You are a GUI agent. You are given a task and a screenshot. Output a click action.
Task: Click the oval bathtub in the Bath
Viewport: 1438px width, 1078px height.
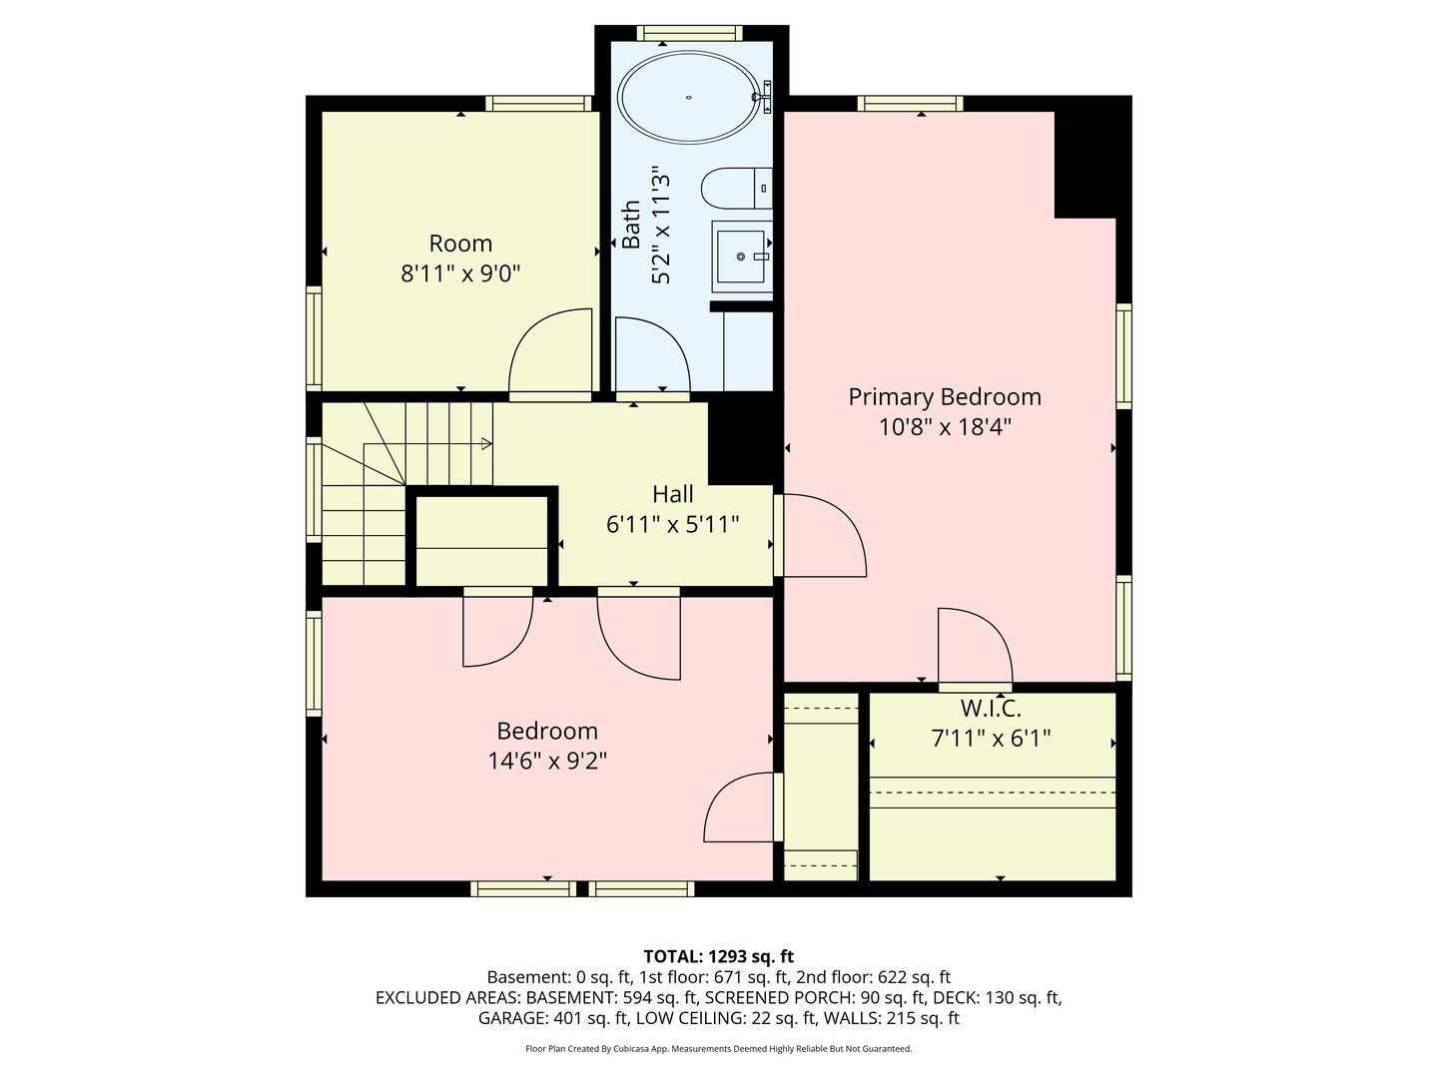coord(689,98)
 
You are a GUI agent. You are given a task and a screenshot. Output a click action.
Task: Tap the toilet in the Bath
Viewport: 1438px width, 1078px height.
coord(737,187)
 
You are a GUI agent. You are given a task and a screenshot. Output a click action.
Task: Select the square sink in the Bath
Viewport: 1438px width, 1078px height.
coord(741,257)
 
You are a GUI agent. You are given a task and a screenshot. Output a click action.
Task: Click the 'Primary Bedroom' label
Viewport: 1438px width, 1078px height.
coord(945,396)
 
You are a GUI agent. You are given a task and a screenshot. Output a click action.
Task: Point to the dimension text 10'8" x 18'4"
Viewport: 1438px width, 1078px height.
coord(945,427)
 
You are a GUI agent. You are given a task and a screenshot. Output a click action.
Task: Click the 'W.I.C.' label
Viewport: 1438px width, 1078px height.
coord(991,709)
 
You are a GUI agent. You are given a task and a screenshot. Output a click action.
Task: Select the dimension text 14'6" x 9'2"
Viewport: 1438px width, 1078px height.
coord(547,762)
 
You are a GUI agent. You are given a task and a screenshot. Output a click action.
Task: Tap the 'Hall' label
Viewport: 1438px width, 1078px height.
coord(673,493)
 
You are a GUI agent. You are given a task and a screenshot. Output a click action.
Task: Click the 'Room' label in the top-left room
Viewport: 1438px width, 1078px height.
coord(460,244)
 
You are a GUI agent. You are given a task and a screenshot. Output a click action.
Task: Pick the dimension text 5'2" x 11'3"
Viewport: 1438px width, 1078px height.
coord(661,226)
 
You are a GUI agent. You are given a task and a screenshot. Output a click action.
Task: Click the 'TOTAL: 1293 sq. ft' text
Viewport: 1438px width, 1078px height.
coord(718,956)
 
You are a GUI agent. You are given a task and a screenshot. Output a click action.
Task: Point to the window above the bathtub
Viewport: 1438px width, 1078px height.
coord(689,33)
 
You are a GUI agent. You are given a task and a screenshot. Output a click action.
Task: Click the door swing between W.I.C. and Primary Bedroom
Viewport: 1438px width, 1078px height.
coord(975,646)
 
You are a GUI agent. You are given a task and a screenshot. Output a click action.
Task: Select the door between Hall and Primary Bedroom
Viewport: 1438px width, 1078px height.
coord(821,535)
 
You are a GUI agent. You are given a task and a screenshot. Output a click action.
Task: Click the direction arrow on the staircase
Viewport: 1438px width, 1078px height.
coord(485,443)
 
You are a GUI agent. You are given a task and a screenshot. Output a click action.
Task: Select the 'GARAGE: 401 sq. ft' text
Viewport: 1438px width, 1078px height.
coord(552,1018)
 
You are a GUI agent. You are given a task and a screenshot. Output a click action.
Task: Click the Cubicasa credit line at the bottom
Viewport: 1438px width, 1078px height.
coord(718,1049)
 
